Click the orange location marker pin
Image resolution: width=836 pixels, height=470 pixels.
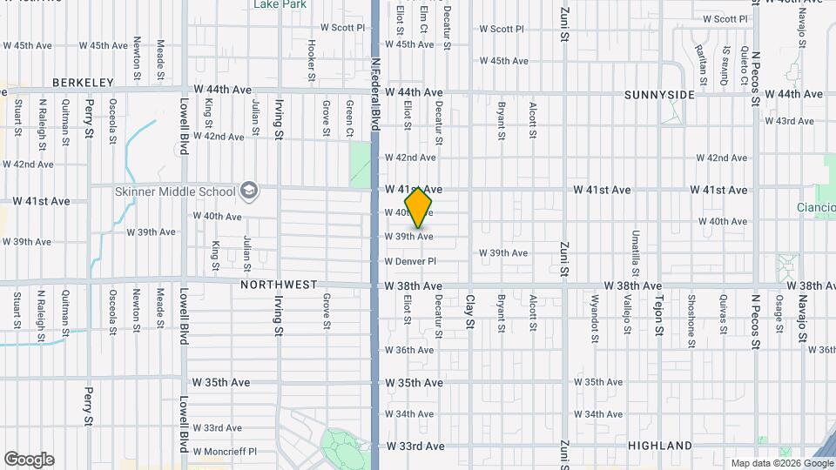[x=419, y=207]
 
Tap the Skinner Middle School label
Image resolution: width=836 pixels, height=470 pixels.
[x=176, y=191]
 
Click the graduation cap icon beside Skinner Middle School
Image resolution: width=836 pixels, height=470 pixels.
[x=249, y=191]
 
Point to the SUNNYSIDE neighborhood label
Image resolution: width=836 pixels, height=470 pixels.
[x=660, y=94]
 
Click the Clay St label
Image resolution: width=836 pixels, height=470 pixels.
[x=469, y=312]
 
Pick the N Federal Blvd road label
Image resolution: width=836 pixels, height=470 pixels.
[x=375, y=93]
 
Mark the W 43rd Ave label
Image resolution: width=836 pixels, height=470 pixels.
[x=788, y=121]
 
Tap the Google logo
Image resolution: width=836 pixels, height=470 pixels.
[x=29, y=460]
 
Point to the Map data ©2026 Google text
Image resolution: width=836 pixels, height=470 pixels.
[x=780, y=463]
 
